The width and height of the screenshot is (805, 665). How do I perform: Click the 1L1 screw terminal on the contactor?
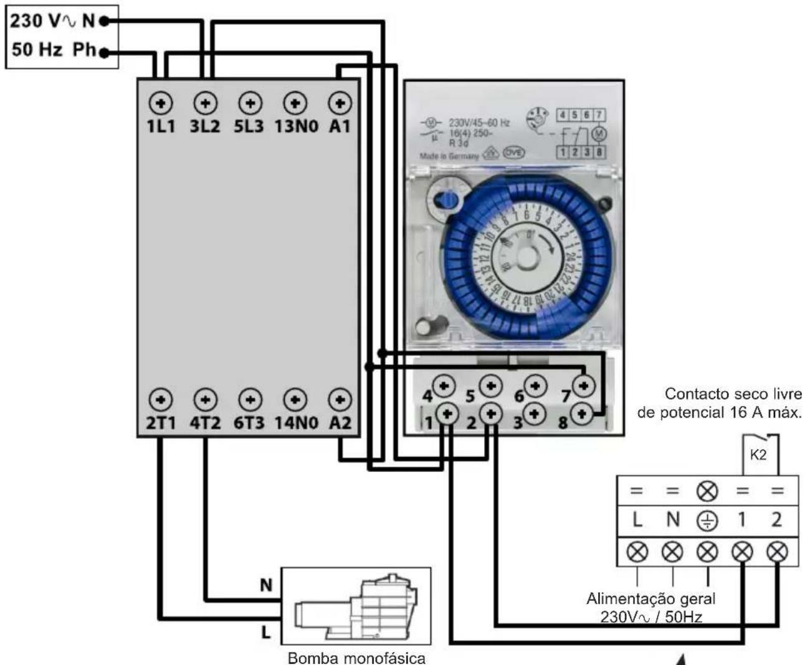pyautogui.click(x=161, y=103)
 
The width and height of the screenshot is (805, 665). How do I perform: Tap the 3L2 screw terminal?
pyautogui.click(x=206, y=103)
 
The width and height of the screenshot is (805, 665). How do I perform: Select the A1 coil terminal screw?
pyautogui.click(x=340, y=103)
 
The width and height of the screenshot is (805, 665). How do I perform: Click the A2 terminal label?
pyautogui.click(x=340, y=423)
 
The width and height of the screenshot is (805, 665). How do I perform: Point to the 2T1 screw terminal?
pyautogui.click(x=161, y=399)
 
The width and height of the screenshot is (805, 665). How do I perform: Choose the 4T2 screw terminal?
pyautogui.click(x=206, y=399)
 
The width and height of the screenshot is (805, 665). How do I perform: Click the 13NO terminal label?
pyautogui.click(x=296, y=126)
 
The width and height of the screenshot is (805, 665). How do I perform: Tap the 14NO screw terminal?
pyautogui.click(x=295, y=399)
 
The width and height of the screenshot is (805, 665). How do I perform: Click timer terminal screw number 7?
pyautogui.click(x=583, y=386)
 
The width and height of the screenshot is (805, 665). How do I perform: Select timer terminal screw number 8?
pyautogui.click(x=581, y=413)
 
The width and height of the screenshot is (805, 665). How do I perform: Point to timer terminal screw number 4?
pyautogui.click(x=444, y=386)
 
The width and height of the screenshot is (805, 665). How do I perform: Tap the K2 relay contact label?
pyautogui.click(x=758, y=455)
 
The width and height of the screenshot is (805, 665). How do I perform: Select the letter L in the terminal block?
pyautogui.click(x=637, y=519)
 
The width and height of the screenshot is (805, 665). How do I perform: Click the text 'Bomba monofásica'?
pyautogui.click(x=357, y=658)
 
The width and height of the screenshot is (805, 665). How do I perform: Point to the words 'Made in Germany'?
pyautogui.click(x=449, y=156)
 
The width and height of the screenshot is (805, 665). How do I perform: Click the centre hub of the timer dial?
pyautogui.click(x=526, y=257)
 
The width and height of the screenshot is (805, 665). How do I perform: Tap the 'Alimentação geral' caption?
pyautogui.click(x=650, y=599)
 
